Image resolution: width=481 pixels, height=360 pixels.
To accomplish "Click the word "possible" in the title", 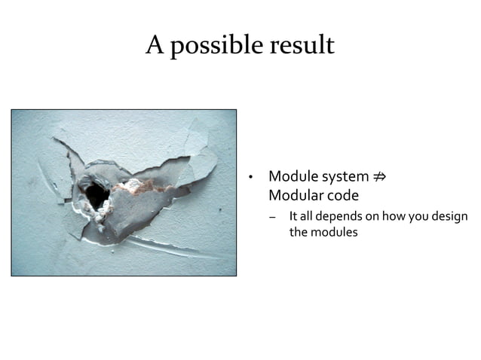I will click(x=219, y=47).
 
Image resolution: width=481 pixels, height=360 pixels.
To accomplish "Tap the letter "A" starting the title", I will click(x=155, y=46).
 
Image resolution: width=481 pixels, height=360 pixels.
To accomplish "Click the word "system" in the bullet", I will click(x=345, y=178).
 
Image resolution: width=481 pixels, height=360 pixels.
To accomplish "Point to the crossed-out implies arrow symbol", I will click(x=381, y=177).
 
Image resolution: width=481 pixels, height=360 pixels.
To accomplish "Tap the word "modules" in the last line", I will click(x=335, y=232).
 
